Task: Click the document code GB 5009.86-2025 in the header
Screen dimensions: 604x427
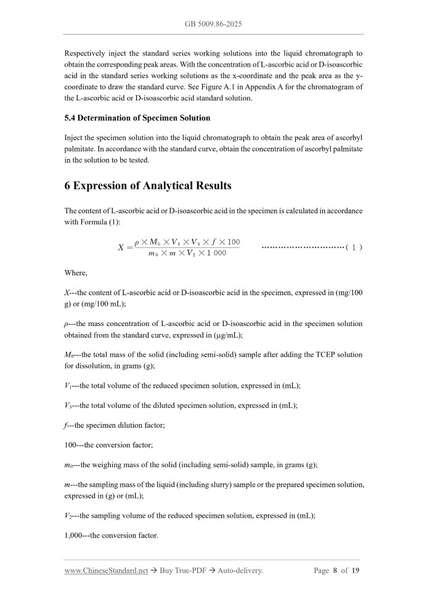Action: click(213, 24)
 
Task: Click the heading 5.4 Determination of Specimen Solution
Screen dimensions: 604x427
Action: click(137, 118)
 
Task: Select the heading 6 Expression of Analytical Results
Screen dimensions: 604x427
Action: click(148, 186)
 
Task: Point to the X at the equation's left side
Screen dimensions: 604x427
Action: click(121, 248)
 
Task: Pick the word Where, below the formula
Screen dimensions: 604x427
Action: click(76, 272)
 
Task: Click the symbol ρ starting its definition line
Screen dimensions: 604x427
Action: click(67, 324)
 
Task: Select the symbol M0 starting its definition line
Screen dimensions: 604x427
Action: click(68, 355)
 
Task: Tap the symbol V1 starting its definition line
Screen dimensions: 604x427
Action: click(68, 386)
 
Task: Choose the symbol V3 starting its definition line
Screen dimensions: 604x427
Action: click(68, 406)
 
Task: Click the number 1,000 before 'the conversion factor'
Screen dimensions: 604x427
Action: click(73, 536)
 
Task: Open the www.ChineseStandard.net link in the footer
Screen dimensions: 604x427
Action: click(106, 571)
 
